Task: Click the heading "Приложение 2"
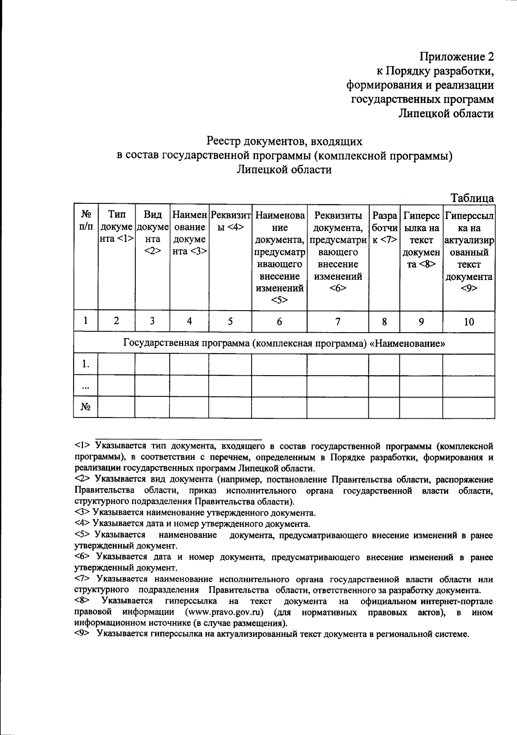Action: pyautogui.click(x=457, y=57)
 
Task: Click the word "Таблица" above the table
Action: pyautogui.click(x=472, y=198)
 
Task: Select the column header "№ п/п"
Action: pyautogui.click(x=86, y=220)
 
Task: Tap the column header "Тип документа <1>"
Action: pyautogui.click(x=117, y=227)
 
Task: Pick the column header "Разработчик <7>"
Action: pyautogui.click(x=384, y=227)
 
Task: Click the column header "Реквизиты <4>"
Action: pyautogui.click(x=230, y=220)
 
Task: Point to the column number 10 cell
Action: pyautogui.click(x=469, y=321)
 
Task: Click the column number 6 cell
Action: pyautogui.click(x=279, y=321)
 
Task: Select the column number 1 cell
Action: pyautogui.click(x=86, y=321)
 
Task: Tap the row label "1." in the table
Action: pyautogui.click(x=86, y=365)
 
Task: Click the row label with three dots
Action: pyautogui.click(x=86, y=386)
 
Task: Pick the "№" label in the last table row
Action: pyautogui.click(x=86, y=407)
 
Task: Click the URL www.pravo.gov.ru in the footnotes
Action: pyautogui.click(x=224, y=612)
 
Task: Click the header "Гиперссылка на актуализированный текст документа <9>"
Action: pyautogui.click(x=469, y=251)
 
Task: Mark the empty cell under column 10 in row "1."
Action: pyautogui.click(x=469, y=365)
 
